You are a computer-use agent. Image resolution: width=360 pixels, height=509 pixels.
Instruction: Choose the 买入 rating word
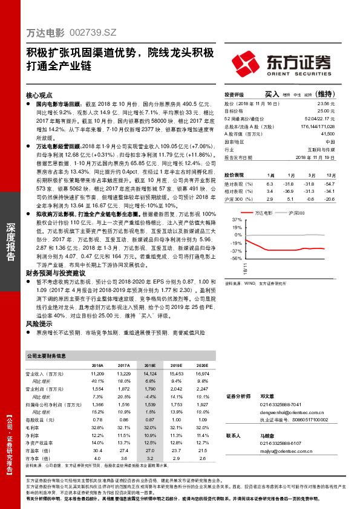(x=272, y=94)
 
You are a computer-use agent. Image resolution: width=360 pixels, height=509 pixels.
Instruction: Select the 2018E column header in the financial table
(x=149, y=366)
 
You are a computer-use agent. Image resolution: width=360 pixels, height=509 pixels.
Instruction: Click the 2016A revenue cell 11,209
(x=96, y=375)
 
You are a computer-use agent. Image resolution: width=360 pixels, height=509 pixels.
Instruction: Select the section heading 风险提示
(x=39, y=325)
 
